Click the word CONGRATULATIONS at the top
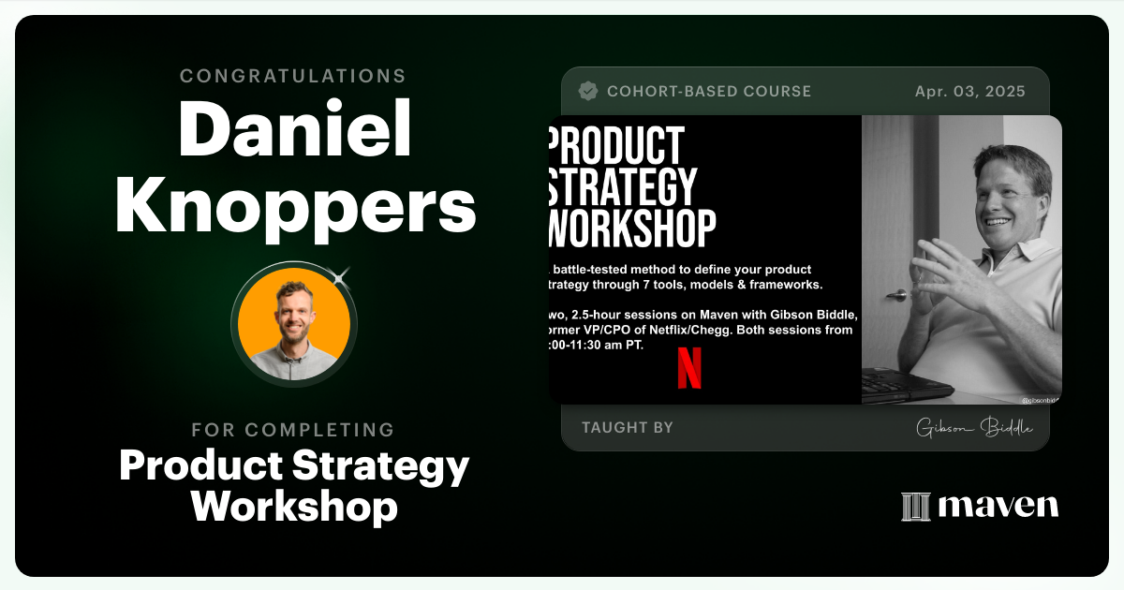[293, 76]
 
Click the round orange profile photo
[294, 324]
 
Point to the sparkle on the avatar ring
[341, 275]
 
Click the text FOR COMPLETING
[293, 430]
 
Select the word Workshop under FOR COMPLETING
[294, 506]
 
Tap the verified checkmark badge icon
[588, 91]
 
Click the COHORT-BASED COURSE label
[709, 91]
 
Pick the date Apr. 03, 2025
[969, 91]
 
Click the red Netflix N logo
[689, 367]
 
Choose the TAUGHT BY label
[627, 427]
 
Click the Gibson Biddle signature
[974, 428]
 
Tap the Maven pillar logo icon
[915, 507]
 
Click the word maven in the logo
[998, 507]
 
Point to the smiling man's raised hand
[946, 276]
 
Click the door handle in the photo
[896, 295]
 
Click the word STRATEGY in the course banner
[622, 186]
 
